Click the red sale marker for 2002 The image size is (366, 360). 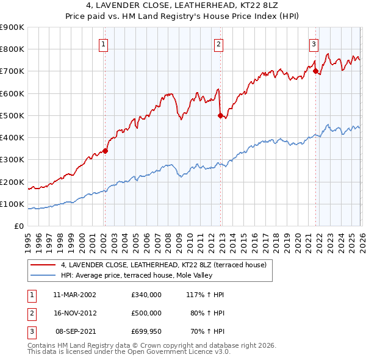click(105, 150)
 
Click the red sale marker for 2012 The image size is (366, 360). click(220, 115)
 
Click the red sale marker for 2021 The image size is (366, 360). click(315, 71)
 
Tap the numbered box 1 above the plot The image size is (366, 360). click(104, 43)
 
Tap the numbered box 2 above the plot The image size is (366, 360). click(218, 43)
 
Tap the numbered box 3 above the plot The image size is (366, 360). click(314, 43)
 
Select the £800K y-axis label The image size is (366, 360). click(12, 49)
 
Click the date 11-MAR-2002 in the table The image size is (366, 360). click(74, 294)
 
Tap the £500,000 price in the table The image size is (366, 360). click(146, 312)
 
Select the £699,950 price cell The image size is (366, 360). click(146, 331)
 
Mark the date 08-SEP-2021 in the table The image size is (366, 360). click(74, 331)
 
